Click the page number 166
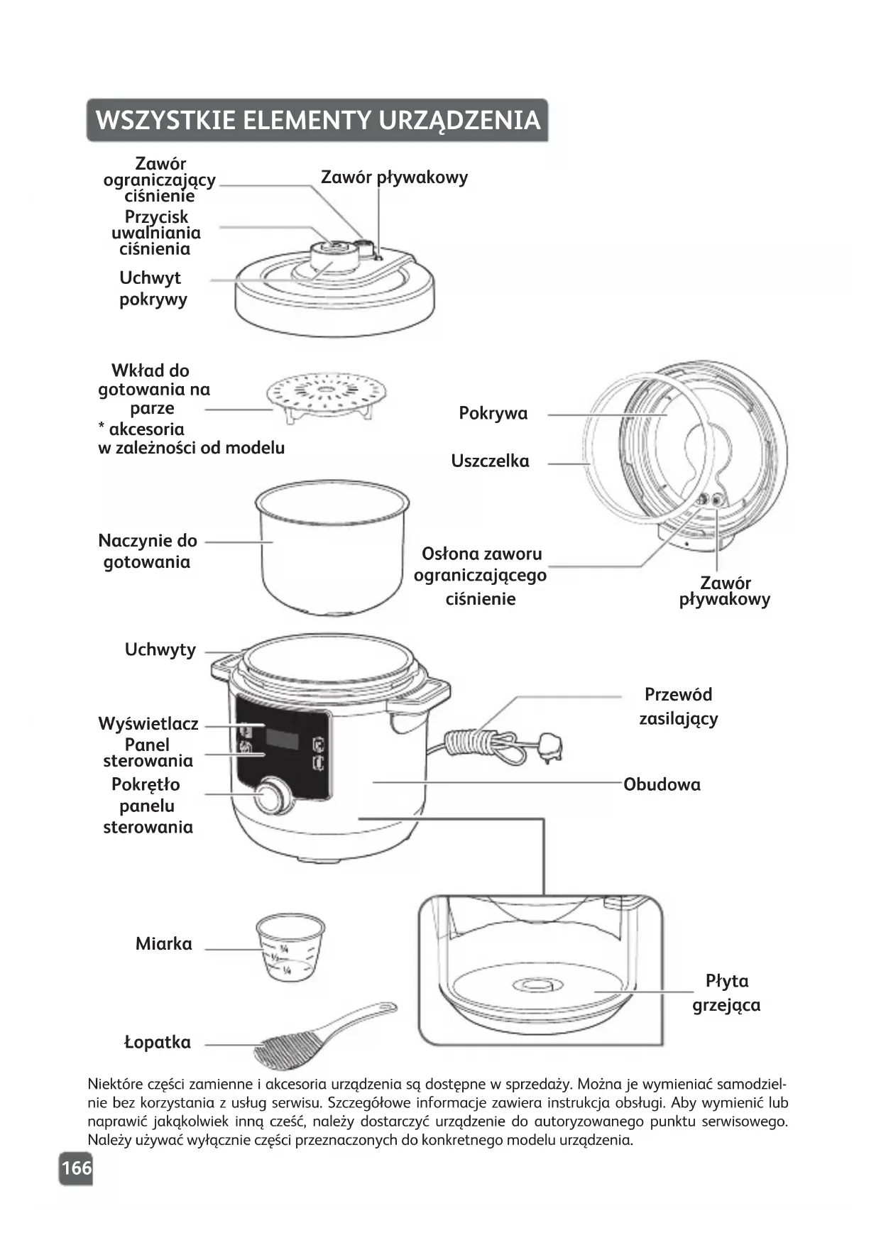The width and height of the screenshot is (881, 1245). point(76,1168)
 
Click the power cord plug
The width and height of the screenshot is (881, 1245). point(550,747)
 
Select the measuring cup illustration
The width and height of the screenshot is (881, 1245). point(290,947)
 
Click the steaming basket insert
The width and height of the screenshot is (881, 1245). point(327,397)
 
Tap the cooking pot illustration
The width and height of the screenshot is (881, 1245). point(332,547)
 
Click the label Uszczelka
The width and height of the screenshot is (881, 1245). point(490,461)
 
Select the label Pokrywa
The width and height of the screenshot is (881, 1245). point(493,414)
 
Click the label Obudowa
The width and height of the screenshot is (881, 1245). point(662,784)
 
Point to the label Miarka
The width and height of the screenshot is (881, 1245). point(164,944)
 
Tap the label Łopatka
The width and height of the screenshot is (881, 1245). point(158,1043)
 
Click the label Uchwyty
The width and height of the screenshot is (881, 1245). point(160,650)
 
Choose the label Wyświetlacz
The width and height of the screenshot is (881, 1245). point(148,724)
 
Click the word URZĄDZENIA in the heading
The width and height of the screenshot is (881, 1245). point(459,121)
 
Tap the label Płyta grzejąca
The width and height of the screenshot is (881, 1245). point(726,993)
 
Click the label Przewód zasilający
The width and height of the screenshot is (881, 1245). point(678,706)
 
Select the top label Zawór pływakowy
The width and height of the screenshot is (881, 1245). point(394,177)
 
